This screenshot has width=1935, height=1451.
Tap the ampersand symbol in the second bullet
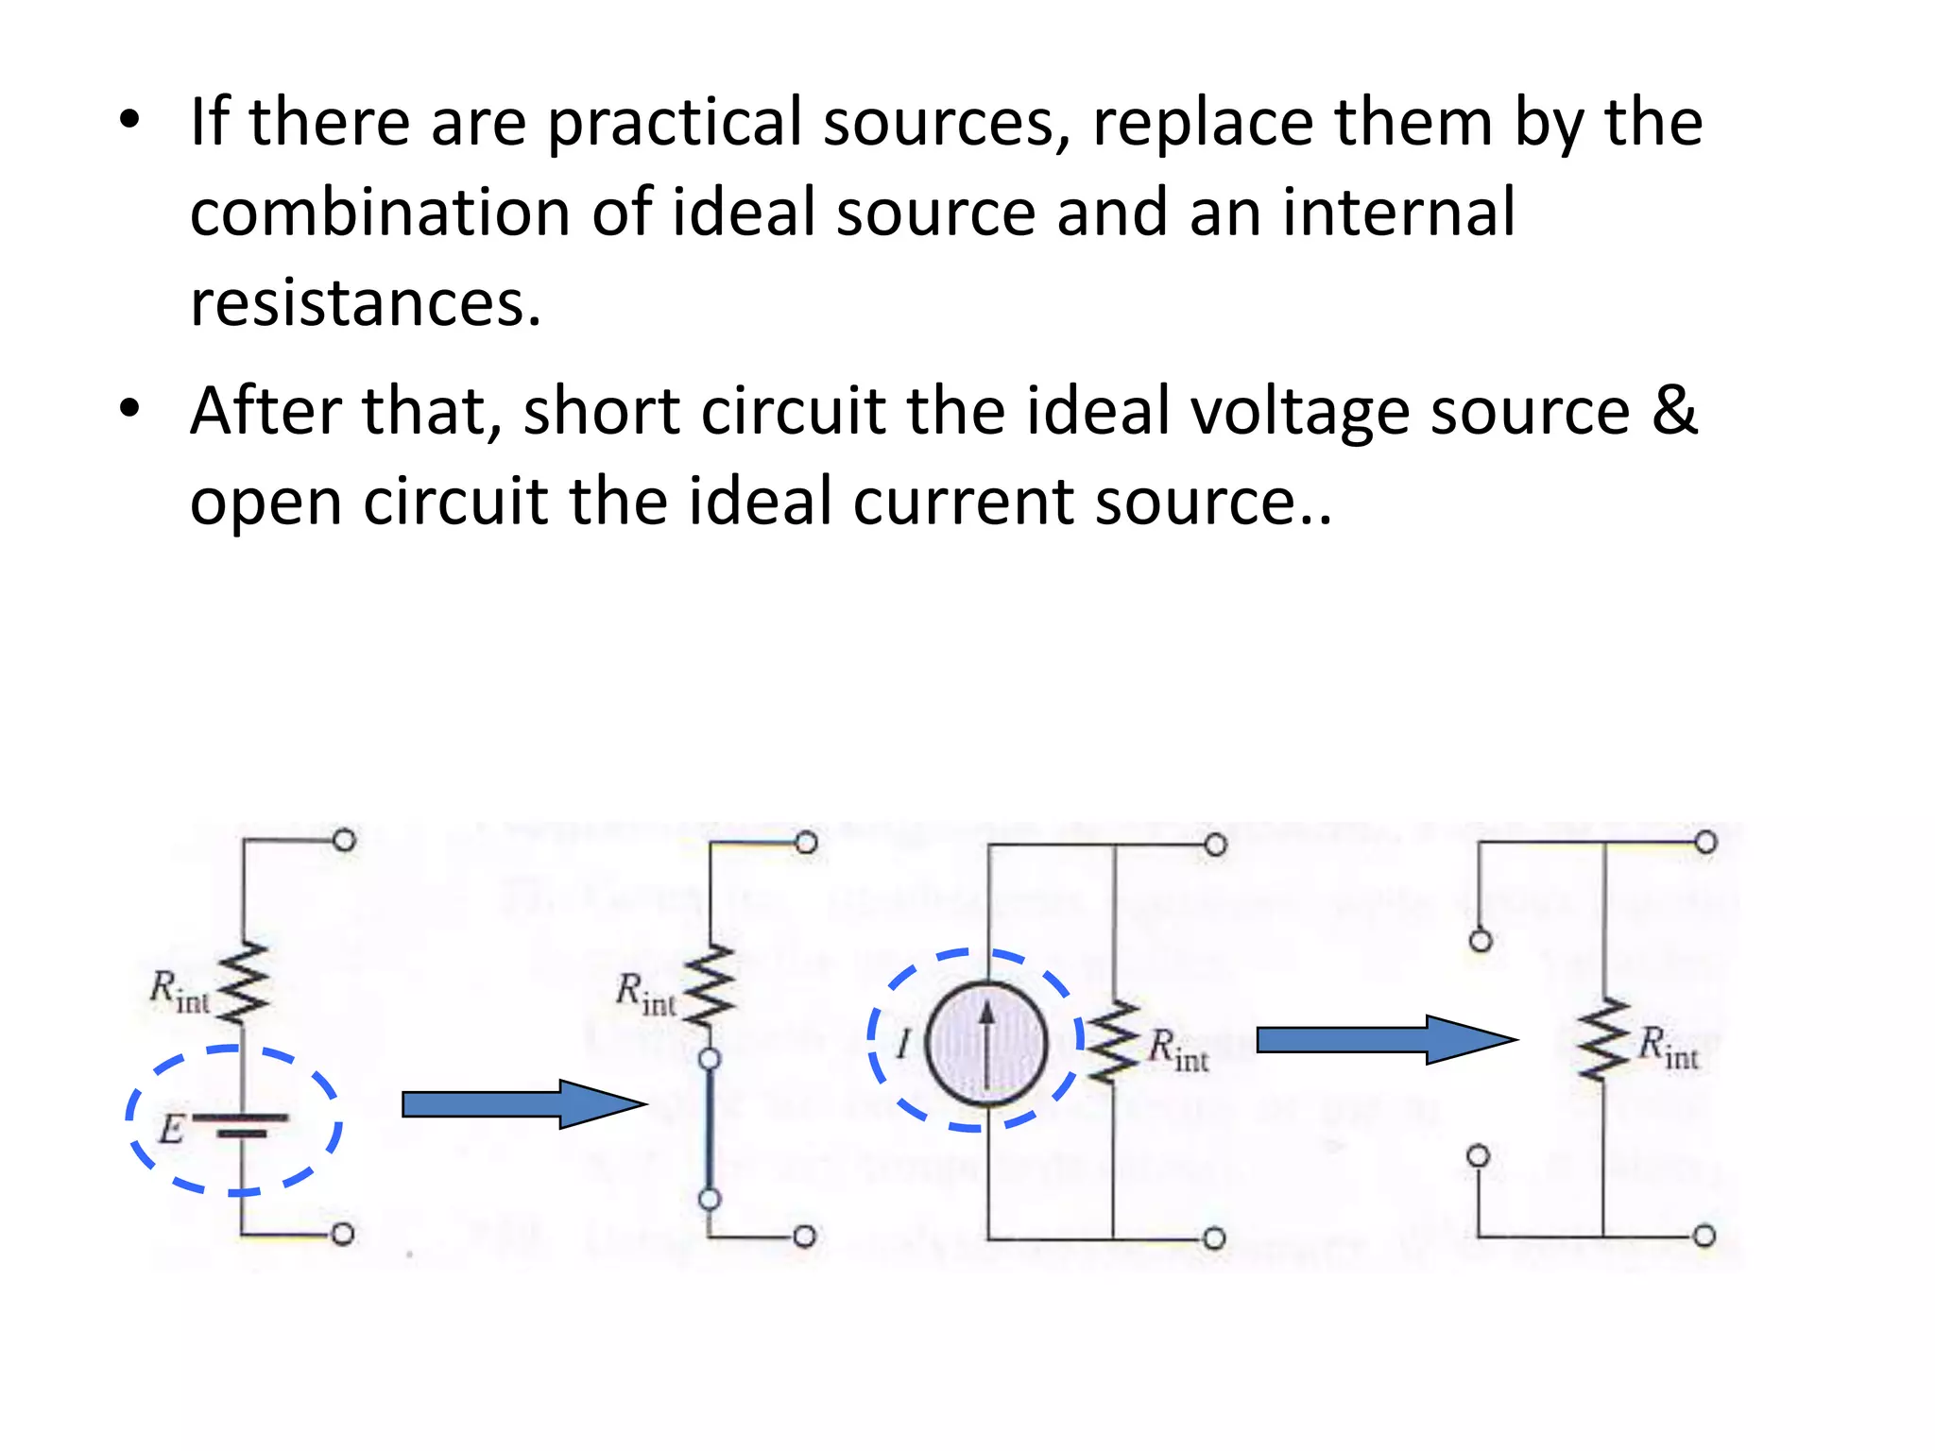[x=1675, y=411]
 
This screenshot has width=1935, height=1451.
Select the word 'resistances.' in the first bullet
[x=366, y=303]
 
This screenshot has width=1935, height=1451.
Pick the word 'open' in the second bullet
[x=265, y=503]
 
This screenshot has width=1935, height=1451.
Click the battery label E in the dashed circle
[x=171, y=1129]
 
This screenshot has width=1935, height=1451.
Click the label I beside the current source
[x=903, y=1045]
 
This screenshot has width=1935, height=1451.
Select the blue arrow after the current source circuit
[x=1385, y=1040]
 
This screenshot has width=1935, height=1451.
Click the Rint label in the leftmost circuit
[x=179, y=991]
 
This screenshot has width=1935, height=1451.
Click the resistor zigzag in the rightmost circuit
[x=1603, y=1038]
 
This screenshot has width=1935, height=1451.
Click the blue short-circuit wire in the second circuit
[x=710, y=1129]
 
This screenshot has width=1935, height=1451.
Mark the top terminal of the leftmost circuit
[x=345, y=840]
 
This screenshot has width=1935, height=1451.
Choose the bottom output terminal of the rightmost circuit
[x=1704, y=1236]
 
